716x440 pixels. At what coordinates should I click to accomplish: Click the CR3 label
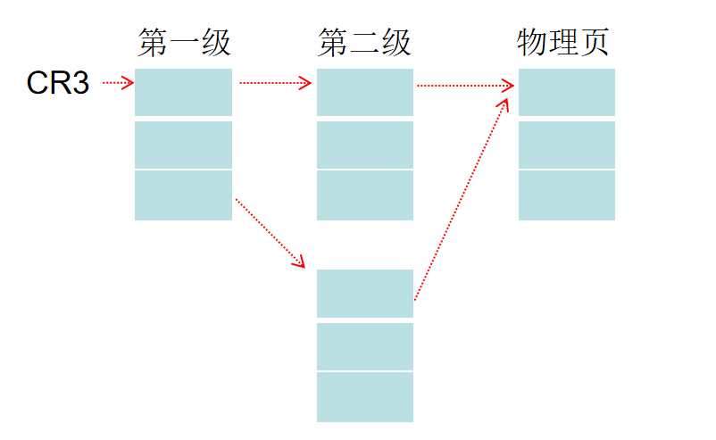tap(58, 84)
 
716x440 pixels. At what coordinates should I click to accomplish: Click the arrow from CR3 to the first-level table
tap(118, 84)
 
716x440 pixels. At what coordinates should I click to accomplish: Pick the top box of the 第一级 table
tap(183, 92)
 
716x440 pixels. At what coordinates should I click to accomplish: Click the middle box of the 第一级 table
tap(183, 145)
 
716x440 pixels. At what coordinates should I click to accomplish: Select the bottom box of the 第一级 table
tap(183, 195)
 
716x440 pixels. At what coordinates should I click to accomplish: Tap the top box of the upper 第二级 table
tap(365, 92)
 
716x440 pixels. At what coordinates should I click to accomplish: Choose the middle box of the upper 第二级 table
tap(365, 145)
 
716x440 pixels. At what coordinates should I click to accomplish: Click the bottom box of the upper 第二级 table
tap(365, 195)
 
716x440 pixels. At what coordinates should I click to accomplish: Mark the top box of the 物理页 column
tap(567, 92)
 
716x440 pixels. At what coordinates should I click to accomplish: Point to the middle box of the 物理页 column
tap(567, 145)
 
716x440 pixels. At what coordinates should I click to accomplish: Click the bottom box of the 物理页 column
tap(567, 195)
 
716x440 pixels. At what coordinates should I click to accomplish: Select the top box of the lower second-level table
tap(365, 293)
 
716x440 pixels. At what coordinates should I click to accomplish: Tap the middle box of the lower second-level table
tap(365, 346)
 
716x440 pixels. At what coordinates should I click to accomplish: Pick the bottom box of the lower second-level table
tap(365, 397)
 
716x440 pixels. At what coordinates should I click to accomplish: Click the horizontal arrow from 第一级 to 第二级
tap(275, 84)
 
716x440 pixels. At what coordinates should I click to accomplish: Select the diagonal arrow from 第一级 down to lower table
tap(270, 233)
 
